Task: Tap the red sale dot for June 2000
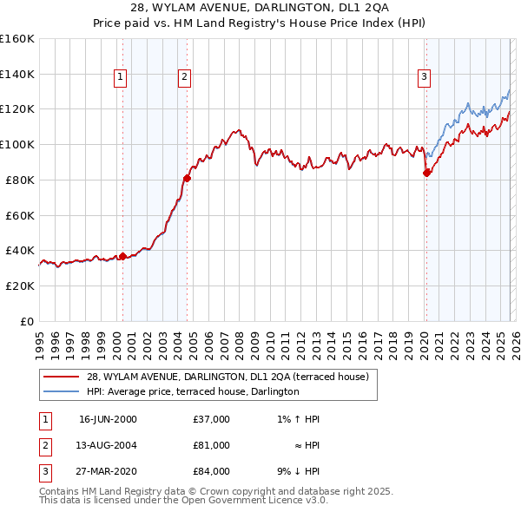click(x=122, y=255)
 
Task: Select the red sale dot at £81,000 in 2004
click(x=187, y=178)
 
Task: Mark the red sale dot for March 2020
click(x=426, y=173)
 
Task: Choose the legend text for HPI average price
click(x=193, y=391)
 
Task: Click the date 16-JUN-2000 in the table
click(x=108, y=419)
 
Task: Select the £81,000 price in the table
click(x=211, y=445)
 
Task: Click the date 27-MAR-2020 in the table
click(x=108, y=471)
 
